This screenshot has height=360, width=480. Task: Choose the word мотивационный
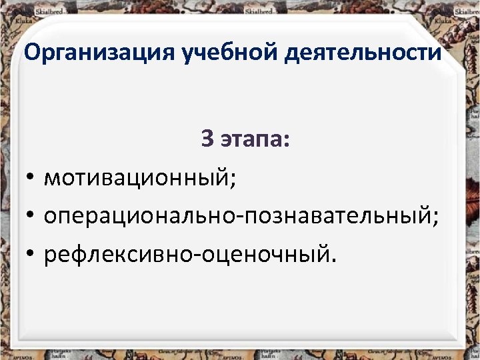[137, 179]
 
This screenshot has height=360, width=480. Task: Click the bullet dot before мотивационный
[31, 179]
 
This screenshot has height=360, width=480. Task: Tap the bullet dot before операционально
[31, 216]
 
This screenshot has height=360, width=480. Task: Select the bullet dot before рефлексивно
[31, 253]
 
